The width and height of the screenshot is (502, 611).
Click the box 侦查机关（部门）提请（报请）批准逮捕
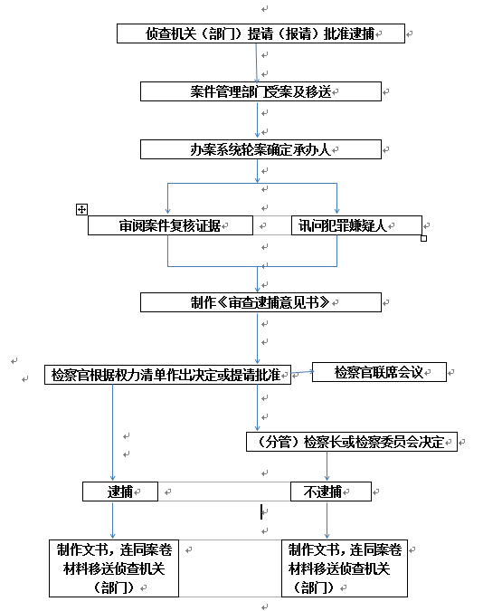click(260, 33)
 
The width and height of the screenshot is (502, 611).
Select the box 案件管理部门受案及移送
click(260, 91)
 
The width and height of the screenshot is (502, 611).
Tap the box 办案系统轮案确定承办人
click(260, 149)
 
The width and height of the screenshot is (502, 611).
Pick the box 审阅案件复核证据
click(170, 225)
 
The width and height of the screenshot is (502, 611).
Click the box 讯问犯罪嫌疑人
click(356, 225)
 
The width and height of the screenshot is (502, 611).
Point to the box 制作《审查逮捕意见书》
click(260, 302)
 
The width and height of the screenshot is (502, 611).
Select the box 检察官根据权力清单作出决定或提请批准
click(167, 375)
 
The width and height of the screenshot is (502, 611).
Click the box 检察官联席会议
click(379, 372)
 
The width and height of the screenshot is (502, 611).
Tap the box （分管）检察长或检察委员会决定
click(352, 442)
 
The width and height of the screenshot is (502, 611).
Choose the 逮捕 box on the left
click(120, 492)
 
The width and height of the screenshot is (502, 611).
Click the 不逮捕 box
click(331, 492)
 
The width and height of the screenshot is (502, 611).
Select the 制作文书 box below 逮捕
click(114, 568)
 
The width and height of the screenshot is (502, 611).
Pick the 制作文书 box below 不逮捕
click(345, 568)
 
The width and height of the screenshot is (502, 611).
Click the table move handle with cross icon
click(81, 209)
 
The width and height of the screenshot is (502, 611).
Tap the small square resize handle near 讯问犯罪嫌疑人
click(423, 238)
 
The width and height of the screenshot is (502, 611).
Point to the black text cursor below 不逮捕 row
click(261, 511)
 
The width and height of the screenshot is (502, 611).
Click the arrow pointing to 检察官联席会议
click(302, 372)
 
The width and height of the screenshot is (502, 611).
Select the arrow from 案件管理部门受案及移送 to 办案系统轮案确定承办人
click(258, 120)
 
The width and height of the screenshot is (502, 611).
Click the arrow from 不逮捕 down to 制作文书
click(327, 520)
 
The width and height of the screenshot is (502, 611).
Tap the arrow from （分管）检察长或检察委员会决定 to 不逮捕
click(327, 466)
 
